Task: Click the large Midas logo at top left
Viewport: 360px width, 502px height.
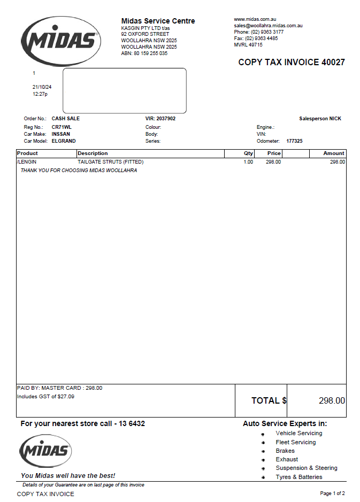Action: tap(60, 41)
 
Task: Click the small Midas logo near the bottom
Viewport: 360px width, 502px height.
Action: tap(45, 451)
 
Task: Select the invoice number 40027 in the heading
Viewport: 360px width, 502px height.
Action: tap(333, 63)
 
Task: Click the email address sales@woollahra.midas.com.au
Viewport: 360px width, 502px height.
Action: tap(269, 26)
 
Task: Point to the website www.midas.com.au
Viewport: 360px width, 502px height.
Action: tap(255, 19)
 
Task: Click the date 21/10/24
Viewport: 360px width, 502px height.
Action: tap(45, 87)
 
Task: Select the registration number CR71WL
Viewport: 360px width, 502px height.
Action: tap(62, 127)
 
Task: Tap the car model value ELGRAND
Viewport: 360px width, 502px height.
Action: tap(64, 141)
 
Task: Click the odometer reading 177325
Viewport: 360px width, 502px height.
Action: tap(294, 141)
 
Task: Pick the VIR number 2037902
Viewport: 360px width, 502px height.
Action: tap(166, 119)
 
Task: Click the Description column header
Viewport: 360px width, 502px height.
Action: tap(93, 153)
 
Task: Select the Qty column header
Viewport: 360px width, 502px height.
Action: tap(248, 153)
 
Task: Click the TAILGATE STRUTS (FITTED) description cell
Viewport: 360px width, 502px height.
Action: tap(110, 161)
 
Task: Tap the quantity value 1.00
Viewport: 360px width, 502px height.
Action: tap(248, 161)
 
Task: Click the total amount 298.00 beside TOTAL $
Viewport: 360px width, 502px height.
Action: tap(332, 400)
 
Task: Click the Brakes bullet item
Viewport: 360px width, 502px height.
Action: tap(285, 451)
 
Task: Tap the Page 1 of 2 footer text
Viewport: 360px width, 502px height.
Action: tap(332, 493)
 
